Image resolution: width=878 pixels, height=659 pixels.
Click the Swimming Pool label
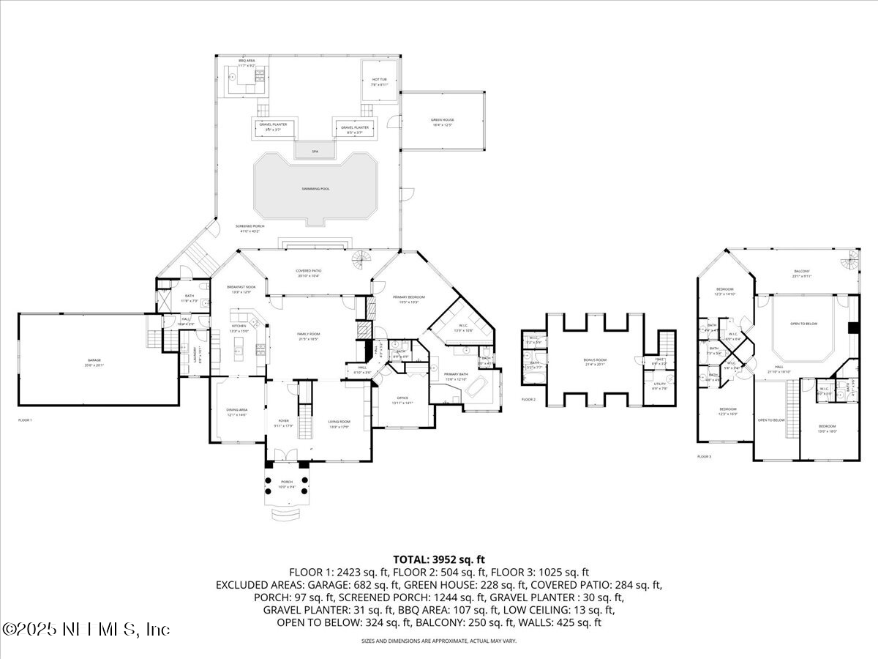[x=315, y=189]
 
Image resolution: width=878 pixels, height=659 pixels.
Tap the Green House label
[x=441, y=122]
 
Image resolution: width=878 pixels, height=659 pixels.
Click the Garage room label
[x=94, y=361]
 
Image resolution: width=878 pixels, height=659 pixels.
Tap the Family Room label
[x=308, y=336]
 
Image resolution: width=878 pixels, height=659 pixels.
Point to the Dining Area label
[x=236, y=412]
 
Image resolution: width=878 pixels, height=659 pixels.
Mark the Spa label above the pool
[x=315, y=151]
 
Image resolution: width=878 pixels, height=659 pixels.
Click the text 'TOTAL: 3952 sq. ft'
[x=439, y=559]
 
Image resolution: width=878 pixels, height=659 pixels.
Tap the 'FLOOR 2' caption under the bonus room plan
[x=529, y=400]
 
